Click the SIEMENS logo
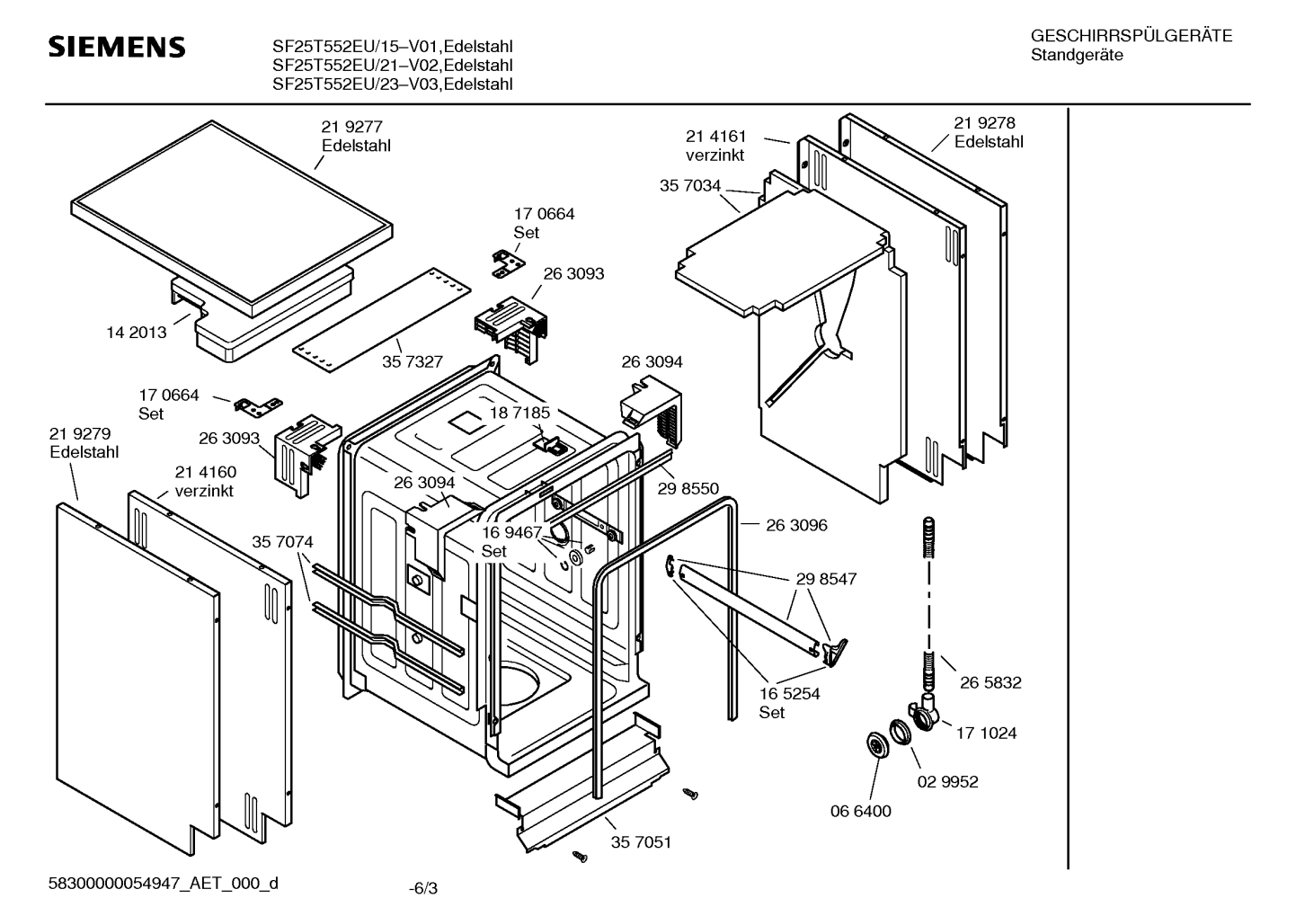coord(117,47)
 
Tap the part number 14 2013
coord(137,332)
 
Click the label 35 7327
coord(412,361)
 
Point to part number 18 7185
coord(519,413)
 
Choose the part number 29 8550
coord(688,488)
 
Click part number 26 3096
coord(796,524)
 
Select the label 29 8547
coord(826,579)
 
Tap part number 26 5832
coord(990,682)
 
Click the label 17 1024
coord(986,733)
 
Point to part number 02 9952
coord(947,781)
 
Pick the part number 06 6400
coord(860,811)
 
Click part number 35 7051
coord(641,842)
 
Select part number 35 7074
coord(282,541)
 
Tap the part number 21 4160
coord(206,472)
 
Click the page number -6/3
coord(423,889)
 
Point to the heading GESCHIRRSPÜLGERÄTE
coord(1132,36)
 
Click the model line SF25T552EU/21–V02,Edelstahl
coord(392,65)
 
